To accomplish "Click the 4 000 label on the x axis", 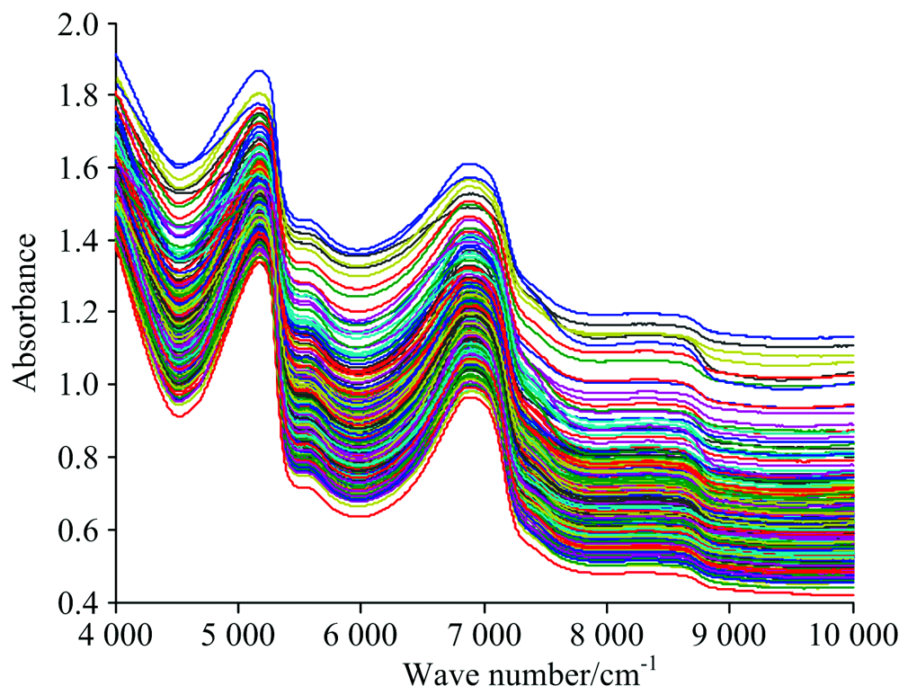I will pos(116,630).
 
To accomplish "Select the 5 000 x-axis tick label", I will pos(238,630).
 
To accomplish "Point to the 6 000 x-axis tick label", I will pos(361,630).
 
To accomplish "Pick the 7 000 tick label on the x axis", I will pos(484,630).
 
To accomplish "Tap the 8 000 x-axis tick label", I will pos(607,630).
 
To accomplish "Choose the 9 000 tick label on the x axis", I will pos(729,630).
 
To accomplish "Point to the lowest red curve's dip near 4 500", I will pos(177,416).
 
